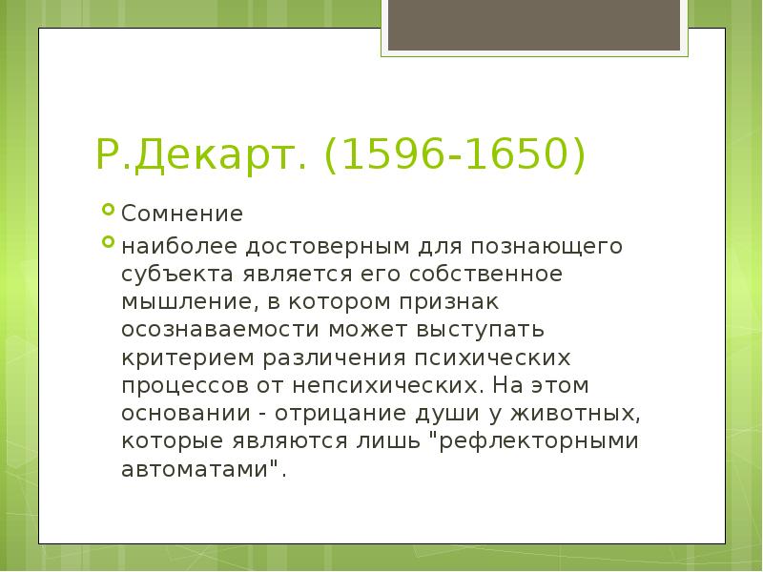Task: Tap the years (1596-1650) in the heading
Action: tap(452, 155)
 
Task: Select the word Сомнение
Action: tap(181, 213)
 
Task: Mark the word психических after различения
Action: tap(494, 358)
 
